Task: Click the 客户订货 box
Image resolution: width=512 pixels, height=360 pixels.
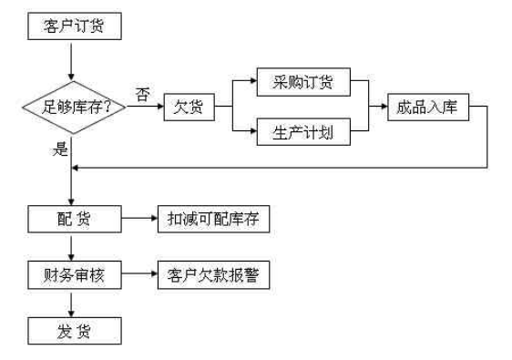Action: [x=75, y=26]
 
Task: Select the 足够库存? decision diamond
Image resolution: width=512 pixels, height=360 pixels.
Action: [x=74, y=108]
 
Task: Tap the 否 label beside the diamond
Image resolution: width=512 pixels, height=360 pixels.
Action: [x=143, y=95]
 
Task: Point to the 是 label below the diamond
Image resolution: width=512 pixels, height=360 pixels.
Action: [x=60, y=149]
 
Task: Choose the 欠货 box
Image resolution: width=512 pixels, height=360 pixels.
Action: [x=189, y=108]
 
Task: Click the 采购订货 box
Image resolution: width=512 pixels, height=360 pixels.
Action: [x=303, y=82]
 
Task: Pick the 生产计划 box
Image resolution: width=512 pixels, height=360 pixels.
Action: [x=303, y=132]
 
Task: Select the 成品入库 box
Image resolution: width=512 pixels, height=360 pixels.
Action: [x=428, y=108]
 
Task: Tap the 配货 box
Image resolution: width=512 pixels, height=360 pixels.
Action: [x=75, y=219]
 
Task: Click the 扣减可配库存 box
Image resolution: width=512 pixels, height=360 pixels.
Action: [x=213, y=219]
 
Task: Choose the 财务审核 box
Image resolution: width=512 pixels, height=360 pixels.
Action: [x=75, y=275]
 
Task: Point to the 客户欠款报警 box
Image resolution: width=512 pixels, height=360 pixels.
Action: [x=213, y=275]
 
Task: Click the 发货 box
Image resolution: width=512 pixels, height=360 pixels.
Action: [x=75, y=331]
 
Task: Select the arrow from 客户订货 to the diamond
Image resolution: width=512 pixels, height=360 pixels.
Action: [x=71, y=61]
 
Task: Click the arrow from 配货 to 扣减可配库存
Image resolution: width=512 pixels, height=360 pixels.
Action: [x=139, y=218]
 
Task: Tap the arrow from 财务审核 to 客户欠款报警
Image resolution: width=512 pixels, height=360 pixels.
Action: [x=139, y=273]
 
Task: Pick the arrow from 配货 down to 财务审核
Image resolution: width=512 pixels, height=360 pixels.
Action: [x=71, y=247]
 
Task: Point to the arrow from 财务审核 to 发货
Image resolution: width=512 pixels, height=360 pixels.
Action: [x=71, y=303]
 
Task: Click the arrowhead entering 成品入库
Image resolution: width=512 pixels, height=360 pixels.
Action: [x=384, y=106]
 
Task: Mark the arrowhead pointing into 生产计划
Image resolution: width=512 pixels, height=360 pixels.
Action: [x=253, y=131]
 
